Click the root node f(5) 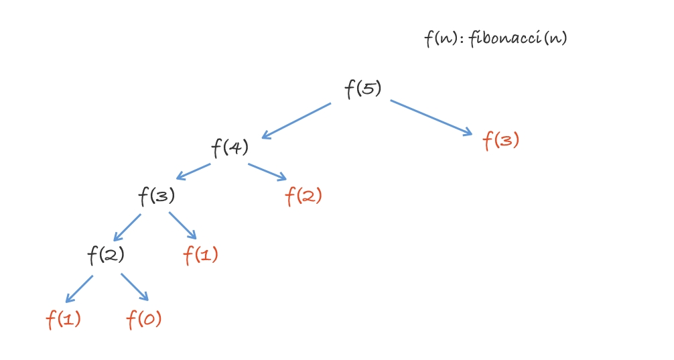tap(363, 89)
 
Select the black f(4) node tap(230, 147)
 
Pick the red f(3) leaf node tap(501, 141)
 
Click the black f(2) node tap(106, 255)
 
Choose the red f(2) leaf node tap(304, 196)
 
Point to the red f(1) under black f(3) tap(201, 255)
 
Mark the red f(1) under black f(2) tap(64, 319)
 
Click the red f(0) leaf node tap(144, 319)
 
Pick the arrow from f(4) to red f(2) tap(267, 172)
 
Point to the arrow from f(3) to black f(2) tap(127, 227)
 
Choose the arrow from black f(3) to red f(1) tap(182, 226)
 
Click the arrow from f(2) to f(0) tap(134, 287)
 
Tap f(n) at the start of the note tap(440, 39)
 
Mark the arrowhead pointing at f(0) tap(143, 296)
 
